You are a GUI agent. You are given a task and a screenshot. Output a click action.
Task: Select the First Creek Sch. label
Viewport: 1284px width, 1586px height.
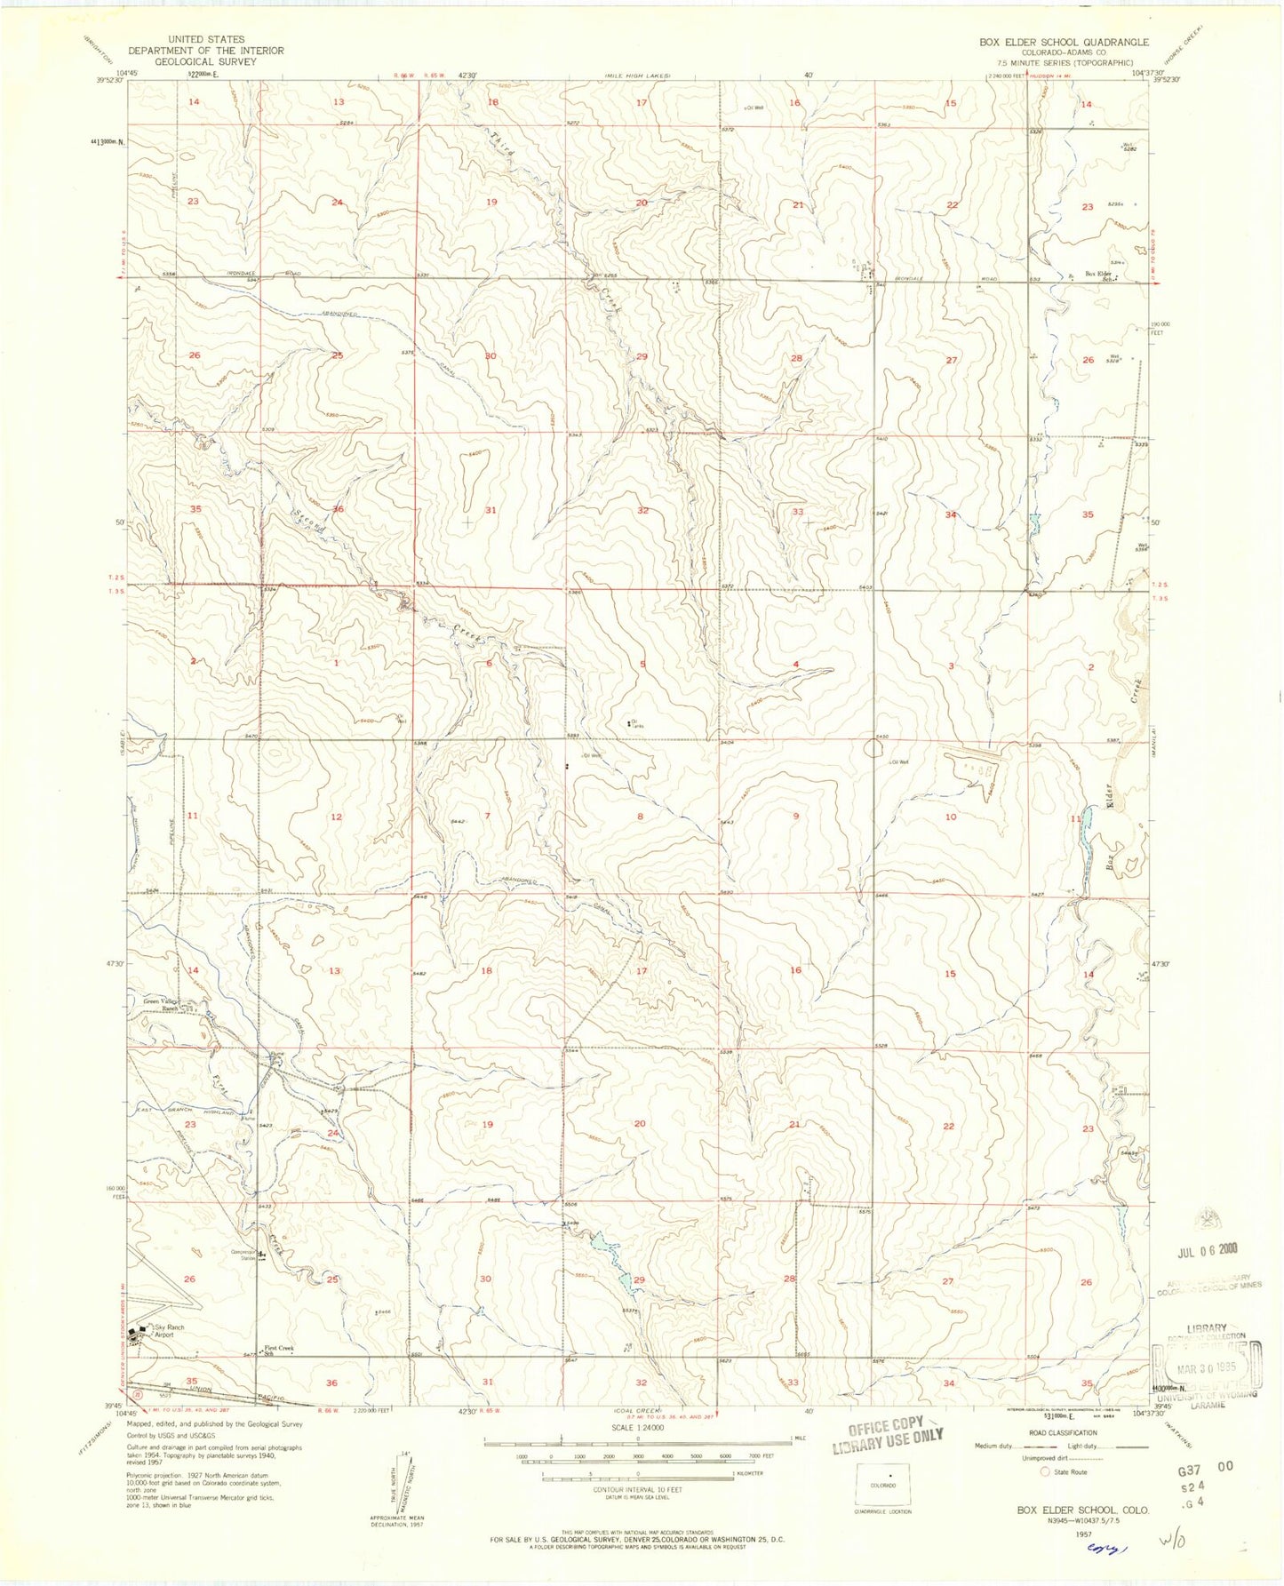click(x=279, y=1349)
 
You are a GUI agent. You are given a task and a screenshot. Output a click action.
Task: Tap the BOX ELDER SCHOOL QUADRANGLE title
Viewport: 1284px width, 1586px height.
click(x=1064, y=42)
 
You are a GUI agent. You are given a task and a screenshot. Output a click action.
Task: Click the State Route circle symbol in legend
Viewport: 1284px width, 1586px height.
click(x=1044, y=1472)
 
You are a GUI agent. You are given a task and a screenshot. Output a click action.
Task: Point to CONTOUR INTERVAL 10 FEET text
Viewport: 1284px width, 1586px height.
click(x=636, y=1489)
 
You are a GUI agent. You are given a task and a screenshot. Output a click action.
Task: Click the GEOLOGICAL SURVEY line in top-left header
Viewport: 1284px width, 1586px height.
click(x=205, y=62)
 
